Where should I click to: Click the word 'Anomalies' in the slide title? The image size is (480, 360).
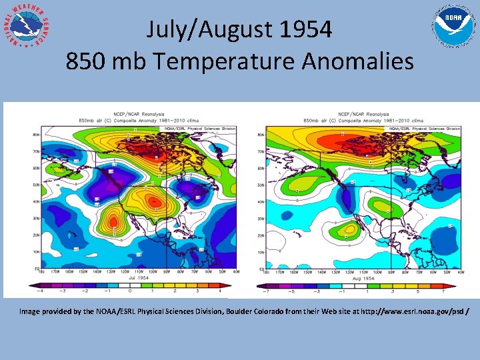point(357,61)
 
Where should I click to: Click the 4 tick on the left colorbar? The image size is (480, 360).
point(219,291)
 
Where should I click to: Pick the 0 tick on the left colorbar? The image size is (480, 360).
point(130,291)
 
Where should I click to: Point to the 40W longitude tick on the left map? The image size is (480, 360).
point(236,271)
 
